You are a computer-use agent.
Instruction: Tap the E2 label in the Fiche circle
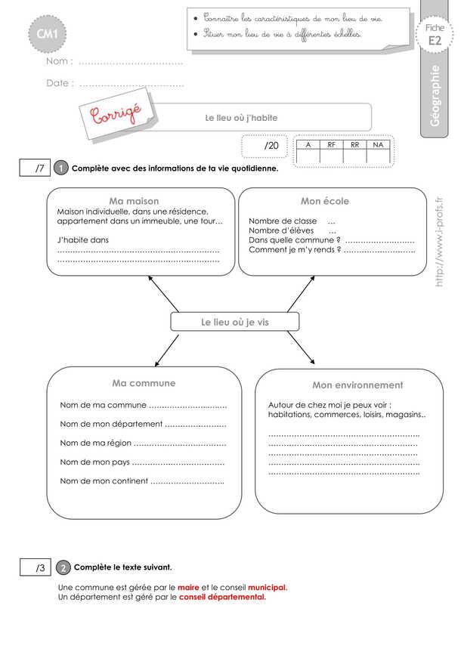435,42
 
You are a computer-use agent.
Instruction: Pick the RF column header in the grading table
332,144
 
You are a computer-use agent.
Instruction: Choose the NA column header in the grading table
378,144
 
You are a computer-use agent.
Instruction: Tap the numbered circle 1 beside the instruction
61,168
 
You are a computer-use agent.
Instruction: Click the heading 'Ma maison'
134,201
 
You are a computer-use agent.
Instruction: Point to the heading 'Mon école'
325,201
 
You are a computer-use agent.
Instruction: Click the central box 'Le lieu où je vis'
235,322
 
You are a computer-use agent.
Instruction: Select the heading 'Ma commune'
144,383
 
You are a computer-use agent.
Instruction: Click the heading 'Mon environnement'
357,385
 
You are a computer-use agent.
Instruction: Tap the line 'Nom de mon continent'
142,481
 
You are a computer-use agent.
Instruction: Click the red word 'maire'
188,587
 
